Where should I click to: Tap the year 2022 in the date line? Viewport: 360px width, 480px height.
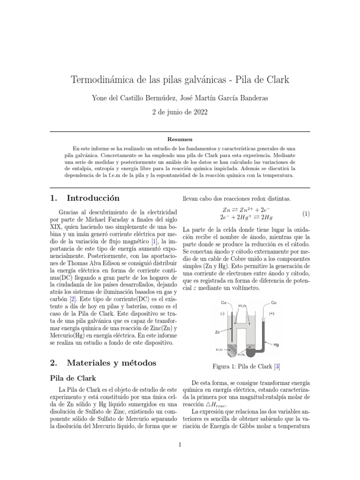click(x=197, y=112)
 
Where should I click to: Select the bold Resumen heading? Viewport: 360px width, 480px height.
click(x=180, y=139)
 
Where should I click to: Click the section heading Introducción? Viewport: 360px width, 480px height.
click(x=93, y=198)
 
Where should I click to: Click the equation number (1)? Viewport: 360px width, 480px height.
click(x=306, y=214)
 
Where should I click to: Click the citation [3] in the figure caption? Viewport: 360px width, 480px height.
click(x=277, y=366)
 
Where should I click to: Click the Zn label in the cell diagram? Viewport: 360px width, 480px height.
click(x=217, y=332)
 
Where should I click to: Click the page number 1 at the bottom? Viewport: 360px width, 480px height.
click(x=180, y=445)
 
